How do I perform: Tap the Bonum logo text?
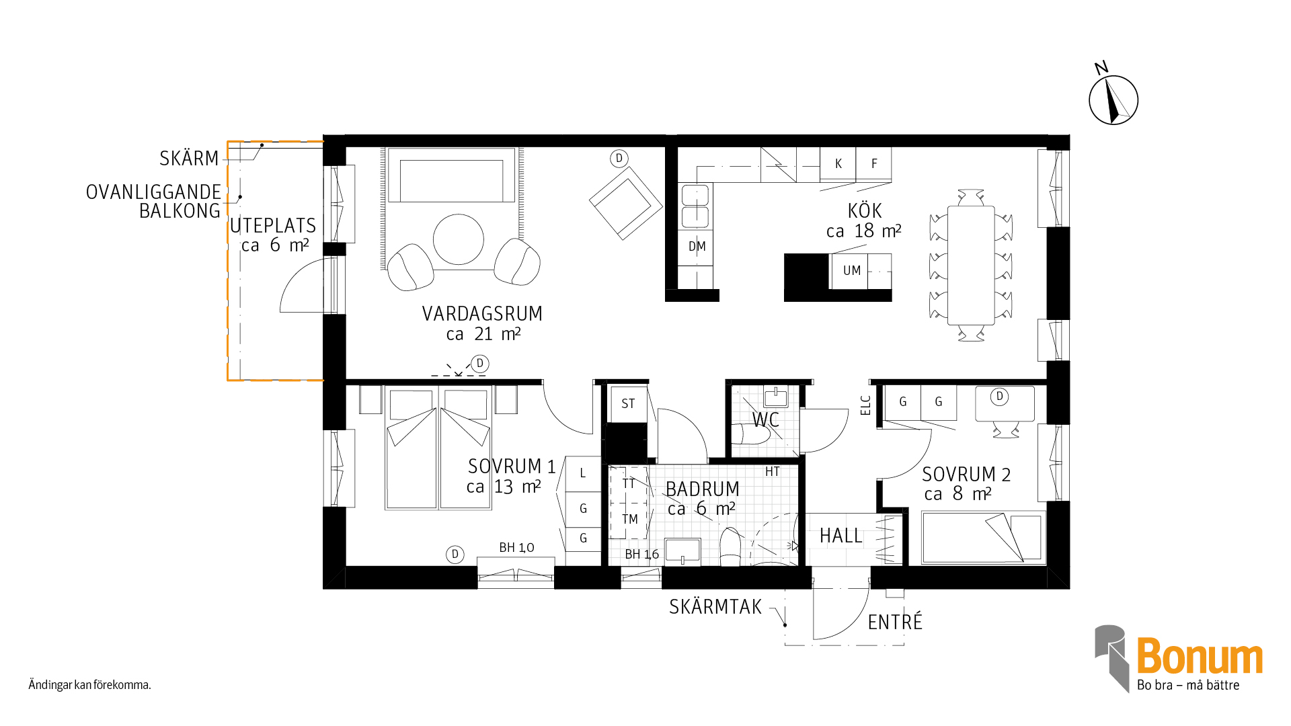click(x=1200, y=656)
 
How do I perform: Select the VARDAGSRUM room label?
click(x=482, y=314)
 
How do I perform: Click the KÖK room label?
click(x=865, y=211)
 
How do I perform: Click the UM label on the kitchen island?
click(x=852, y=270)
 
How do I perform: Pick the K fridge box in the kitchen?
click(x=838, y=164)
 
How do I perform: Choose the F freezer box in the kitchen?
click(x=874, y=164)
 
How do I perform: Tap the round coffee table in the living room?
click(x=459, y=239)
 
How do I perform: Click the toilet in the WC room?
click(x=750, y=434)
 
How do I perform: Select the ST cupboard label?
click(x=628, y=404)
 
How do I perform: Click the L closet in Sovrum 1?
click(x=583, y=474)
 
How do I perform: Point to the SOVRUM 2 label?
click(x=966, y=475)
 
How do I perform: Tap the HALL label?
click(x=840, y=536)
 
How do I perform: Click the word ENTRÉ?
click(x=895, y=622)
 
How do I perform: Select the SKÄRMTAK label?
click(x=715, y=607)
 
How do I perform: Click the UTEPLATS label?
click(x=273, y=226)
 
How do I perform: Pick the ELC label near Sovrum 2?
click(x=865, y=405)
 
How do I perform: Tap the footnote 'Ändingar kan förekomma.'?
click(x=89, y=685)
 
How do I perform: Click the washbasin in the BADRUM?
click(x=682, y=551)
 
